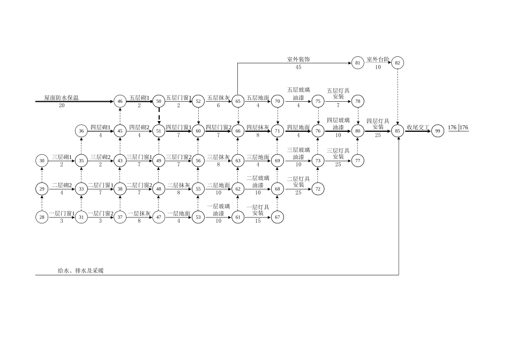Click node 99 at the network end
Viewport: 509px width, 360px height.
pos(437,131)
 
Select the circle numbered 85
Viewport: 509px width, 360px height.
pos(398,131)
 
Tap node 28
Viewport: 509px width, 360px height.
pos(42,217)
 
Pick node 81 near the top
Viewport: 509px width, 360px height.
pos(358,63)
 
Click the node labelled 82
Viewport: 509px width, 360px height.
pos(398,63)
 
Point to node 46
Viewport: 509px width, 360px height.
pos(120,101)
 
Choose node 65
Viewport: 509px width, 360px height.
pos(238,101)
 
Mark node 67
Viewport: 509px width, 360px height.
pos(278,217)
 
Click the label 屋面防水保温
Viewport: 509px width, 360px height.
pos(61,98)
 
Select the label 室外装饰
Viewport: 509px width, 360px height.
pos(298,59)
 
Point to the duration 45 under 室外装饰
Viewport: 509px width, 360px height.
pos(298,67)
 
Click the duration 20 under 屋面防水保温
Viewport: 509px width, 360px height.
pos(62,106)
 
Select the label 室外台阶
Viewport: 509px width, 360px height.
pos(378,59)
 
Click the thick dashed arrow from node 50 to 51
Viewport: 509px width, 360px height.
pos(159,116)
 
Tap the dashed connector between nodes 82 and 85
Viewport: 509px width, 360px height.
pos(398,96)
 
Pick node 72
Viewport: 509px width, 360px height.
pos(318,189)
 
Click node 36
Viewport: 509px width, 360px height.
pos(81,131)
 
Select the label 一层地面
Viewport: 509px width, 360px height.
pos(178,213)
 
